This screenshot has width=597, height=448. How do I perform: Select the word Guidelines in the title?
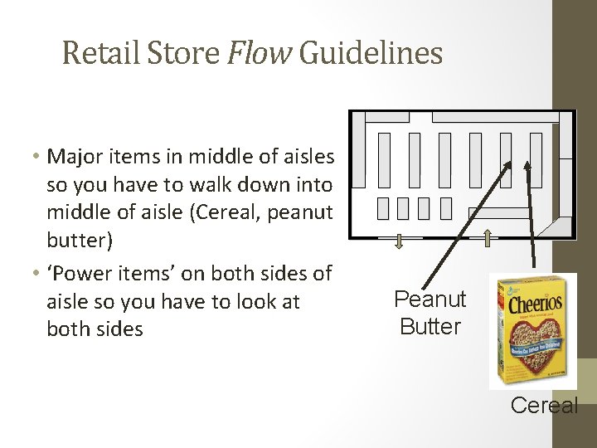(x=371, y=54)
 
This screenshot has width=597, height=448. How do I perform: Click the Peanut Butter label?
(x=430, y=313)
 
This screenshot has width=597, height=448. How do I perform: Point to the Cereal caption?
(x=544, y=405)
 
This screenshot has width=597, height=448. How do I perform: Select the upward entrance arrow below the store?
(x=488, y=239)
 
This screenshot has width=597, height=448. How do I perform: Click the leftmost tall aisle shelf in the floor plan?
(x=384, y=159)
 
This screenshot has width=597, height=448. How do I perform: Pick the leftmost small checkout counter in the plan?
(x=382, y=208)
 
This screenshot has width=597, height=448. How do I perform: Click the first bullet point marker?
(x=39, y=157)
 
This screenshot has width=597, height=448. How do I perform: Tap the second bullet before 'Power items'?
(x=39, y=273)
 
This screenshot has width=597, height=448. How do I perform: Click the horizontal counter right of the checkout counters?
(x=502, y=213)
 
